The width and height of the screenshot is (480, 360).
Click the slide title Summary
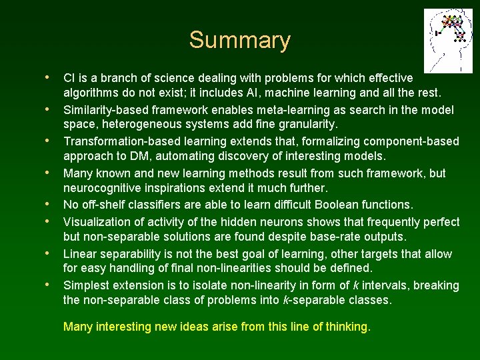pyautogui.click(x=239, y=40)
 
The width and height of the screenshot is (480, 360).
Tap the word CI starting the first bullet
pyautogui.click(x=69, y=79)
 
